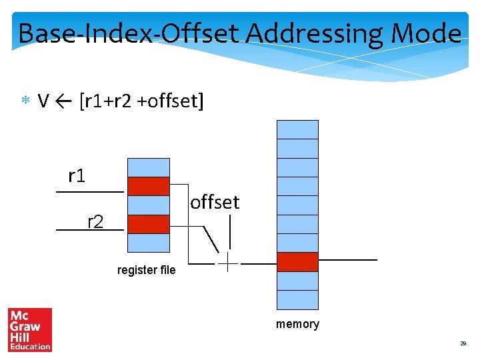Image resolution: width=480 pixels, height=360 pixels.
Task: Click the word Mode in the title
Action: pyautogui.click(x=427, y=33)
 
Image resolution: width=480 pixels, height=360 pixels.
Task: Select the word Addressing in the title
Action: pyautogui.click(x=311, y=33)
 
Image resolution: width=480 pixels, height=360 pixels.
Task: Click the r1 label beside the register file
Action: pyautogui.click(x=77, y=176)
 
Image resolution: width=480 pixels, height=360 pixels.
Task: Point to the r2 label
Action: pyautogui.click(x=96, y=221)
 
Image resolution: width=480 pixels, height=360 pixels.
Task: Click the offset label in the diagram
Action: pyautogui.click(x=215, y=202)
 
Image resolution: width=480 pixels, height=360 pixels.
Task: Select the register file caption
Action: pyautogui.click(x=146, y=270)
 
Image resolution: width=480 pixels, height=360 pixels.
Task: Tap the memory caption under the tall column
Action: pyautogui.click(x=297, y=324)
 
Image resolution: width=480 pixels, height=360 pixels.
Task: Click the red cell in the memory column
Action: pyautogui.click(x=297, y=262)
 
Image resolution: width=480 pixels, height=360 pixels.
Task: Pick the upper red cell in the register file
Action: pyautogui.click(x=148, y=186)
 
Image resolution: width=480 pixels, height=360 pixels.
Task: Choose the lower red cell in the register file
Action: pyautogui.click(x=148, y=224)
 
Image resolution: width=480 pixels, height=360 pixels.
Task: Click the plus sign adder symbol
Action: pyautogui.click(x=227, y=263)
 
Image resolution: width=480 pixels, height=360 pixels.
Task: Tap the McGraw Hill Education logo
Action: pyautogui.click(x=30, y=329)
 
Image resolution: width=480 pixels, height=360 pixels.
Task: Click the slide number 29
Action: pyautogui.click(x=463, y=343)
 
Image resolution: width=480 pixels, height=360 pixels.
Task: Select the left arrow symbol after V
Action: pyautogui.click(x=65, y=101)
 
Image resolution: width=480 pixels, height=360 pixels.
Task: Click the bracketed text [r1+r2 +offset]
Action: pyautogui.click(x=141, y=101)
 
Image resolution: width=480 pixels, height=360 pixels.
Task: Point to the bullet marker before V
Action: pyautogui.click(x=25, y=102)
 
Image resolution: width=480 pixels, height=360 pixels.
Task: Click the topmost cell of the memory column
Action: pyautogui.click(x=297, y=129)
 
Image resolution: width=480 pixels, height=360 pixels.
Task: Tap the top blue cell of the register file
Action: pyautogui.click(x=148, y=167)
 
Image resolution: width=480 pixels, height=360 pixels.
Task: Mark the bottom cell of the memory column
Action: pyautogui.click(x=297, y=300)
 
